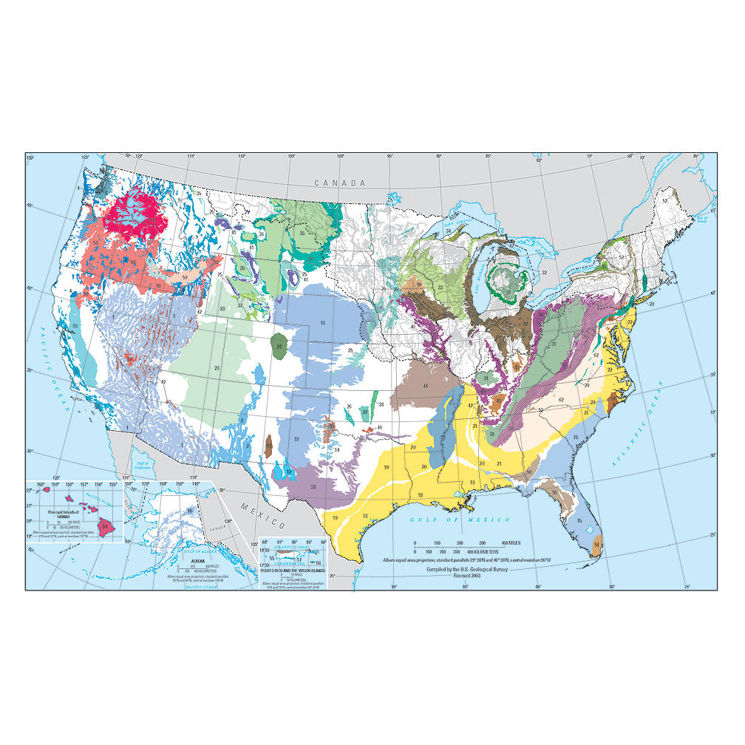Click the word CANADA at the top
(339, 183)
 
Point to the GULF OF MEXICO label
(446, 520)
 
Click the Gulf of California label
(138, 467)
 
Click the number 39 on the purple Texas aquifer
(313, 487)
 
